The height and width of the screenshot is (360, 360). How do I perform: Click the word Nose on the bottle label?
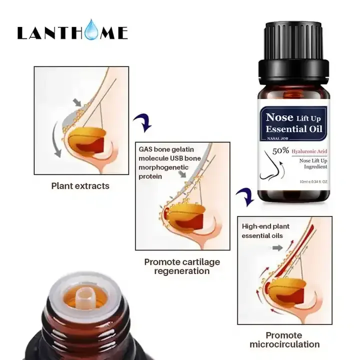pos(279,117)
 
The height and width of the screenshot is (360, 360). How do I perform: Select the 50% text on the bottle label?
pos(280,151)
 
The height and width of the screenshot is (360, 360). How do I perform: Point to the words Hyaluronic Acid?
pos(309,151)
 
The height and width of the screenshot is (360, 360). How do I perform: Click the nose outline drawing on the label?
pos(270,165)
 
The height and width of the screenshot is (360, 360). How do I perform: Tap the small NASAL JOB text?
pos(277,138)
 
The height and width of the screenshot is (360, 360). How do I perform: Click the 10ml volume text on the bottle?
pos(313,181)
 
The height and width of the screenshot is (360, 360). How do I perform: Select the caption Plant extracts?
pos(80,186)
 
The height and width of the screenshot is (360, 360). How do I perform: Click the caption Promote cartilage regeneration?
pos(182,266)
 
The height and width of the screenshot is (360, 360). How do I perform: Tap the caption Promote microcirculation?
pos(284,340)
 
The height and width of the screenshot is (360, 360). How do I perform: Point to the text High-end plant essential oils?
pos(265,231)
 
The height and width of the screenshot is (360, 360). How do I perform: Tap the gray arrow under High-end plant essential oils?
pos(277,248)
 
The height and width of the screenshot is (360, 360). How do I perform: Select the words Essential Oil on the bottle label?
pos(294,129)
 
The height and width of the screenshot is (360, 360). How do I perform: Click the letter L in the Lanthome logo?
pos(22,33)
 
